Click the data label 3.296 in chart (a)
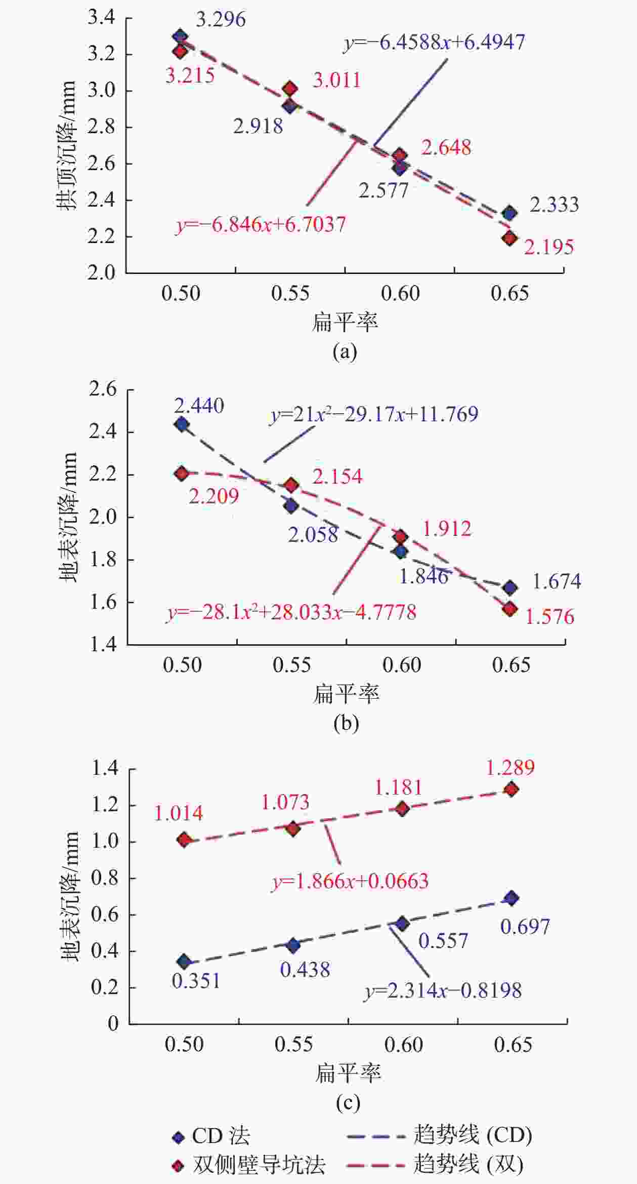(221, 20)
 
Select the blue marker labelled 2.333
(509, 213)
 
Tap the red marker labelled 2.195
(509, 238)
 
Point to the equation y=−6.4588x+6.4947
(435, 42)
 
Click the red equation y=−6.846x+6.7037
(261, 224)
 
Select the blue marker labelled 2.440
(182, 424)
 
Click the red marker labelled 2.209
(182, 473)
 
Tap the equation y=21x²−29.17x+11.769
(374, 414)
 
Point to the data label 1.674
(557, 581)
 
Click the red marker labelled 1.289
(512, 790)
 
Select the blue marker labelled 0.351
(184, 961)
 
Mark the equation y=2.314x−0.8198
(443, 990)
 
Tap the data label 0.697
(525, 927)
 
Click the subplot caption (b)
(346, 723)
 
